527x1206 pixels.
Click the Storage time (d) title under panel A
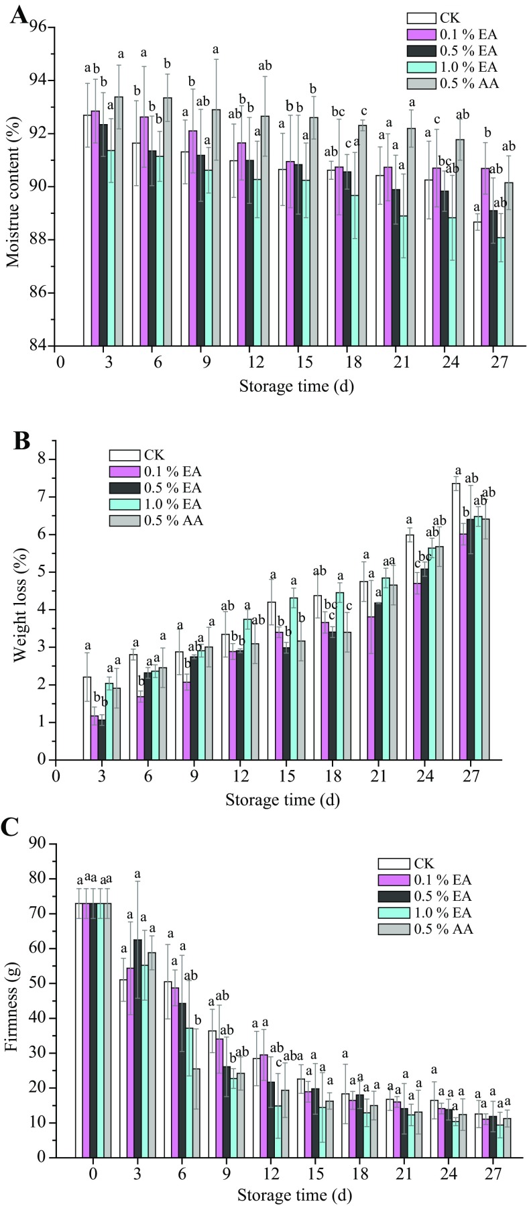[x=288, y=386]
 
